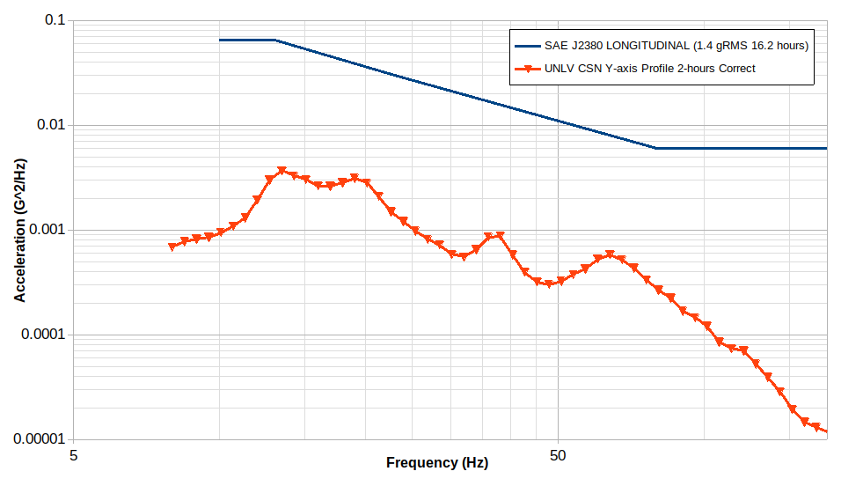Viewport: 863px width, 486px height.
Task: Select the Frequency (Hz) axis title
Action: [436, 463]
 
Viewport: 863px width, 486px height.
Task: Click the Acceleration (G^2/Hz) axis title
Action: [19, 230]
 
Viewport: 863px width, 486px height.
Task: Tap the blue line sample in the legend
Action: [527, 45]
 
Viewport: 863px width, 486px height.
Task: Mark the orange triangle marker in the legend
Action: [527, 69]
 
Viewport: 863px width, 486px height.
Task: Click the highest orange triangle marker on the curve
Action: [282, 171]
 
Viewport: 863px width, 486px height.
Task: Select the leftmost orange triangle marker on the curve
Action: [172, 247]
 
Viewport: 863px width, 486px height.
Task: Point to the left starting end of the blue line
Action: [220, 40]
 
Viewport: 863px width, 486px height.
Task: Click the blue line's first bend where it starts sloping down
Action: [275, 40]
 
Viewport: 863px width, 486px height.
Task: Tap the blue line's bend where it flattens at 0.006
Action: [655, 148]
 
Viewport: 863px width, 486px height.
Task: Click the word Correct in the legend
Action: [737, 68]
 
